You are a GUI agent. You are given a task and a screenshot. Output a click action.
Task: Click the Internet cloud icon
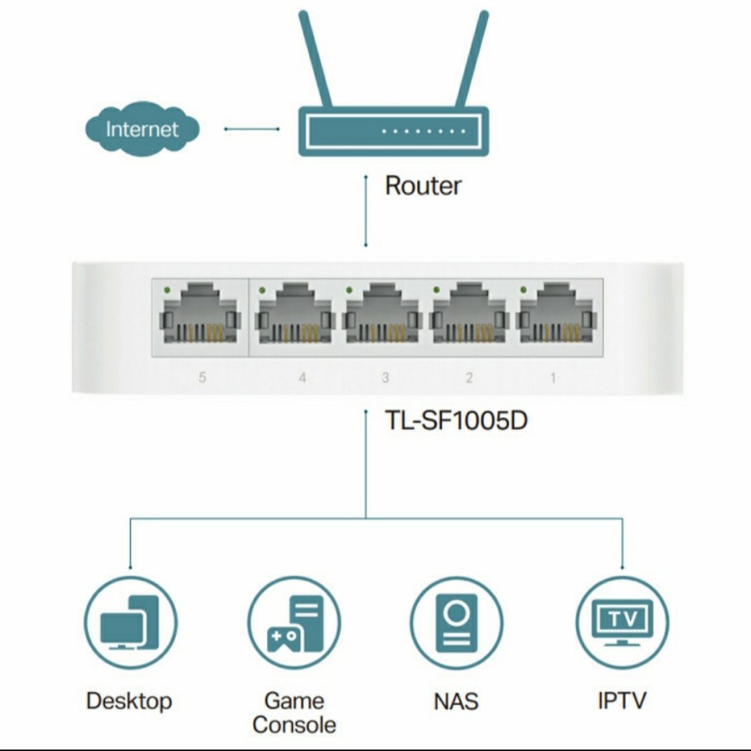[142, 129]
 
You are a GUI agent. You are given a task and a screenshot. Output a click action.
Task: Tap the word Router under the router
[422, 185]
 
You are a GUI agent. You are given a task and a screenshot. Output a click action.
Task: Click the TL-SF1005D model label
[455, 420]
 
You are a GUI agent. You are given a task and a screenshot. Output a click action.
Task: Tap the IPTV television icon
[622, 622]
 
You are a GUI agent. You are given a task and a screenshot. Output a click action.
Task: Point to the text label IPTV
[622, 700]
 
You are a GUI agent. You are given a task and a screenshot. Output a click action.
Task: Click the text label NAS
[456, 701]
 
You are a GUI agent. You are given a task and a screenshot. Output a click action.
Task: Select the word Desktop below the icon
[129, 700]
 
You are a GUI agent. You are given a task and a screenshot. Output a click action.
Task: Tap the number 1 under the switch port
[552, 378]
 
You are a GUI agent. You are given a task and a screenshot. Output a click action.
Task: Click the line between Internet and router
[250, 129]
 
